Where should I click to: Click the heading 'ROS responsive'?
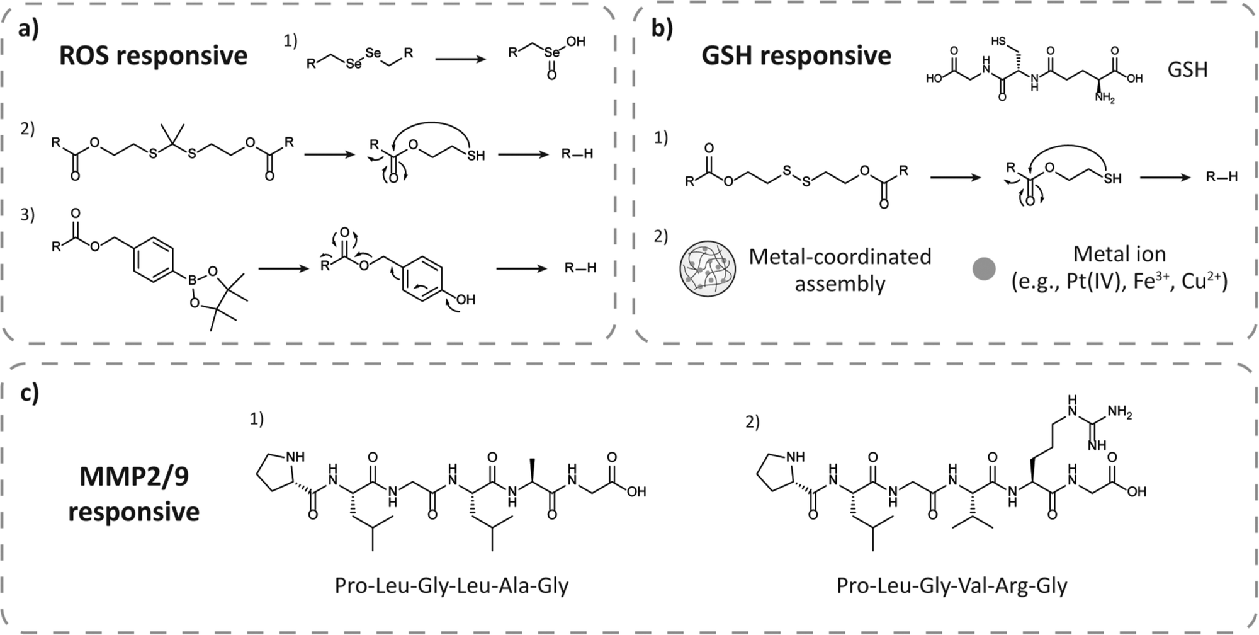(x=153, y=55)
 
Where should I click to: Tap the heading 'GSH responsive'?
(x=796, y=55)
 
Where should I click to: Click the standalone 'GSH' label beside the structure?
(x=1188, y=70)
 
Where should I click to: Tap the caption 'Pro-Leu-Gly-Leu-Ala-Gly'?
(x=451, y=586)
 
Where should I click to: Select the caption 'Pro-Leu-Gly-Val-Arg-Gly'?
(x=952, y=586)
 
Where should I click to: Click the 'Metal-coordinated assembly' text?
(x=840, y=270)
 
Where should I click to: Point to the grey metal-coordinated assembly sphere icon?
(x=699, y=269)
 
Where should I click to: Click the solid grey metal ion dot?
(x=984, y=269)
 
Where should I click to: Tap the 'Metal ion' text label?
(x=1119, y=254)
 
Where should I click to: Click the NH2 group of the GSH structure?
(x=1104, y=98)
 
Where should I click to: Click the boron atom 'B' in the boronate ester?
(x=193, y=275)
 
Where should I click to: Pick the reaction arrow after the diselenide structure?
(x=460, y=59)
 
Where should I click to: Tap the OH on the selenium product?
(x=576, y=42)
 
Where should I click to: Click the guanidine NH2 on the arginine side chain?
(x=1119, y=413)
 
